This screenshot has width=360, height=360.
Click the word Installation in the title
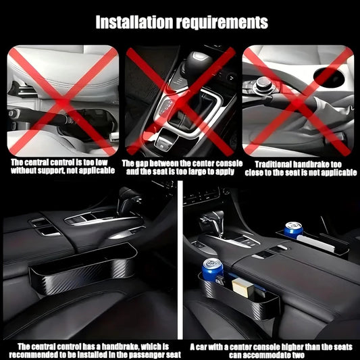(x=134, y=22)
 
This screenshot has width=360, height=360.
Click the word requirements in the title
(x=222, y=23)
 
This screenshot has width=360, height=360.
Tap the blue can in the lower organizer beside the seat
(x=212, y=269)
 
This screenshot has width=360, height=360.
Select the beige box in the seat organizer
(x=242, y=288)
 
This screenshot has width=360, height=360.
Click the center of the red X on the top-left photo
(x=62, y=101)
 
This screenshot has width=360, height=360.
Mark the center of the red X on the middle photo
(x=181, y=101)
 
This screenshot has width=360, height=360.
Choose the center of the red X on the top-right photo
(x=298, y=102)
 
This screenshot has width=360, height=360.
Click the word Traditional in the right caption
(x=274, y=164)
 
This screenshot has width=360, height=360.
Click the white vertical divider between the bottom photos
(x=180, y=260)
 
